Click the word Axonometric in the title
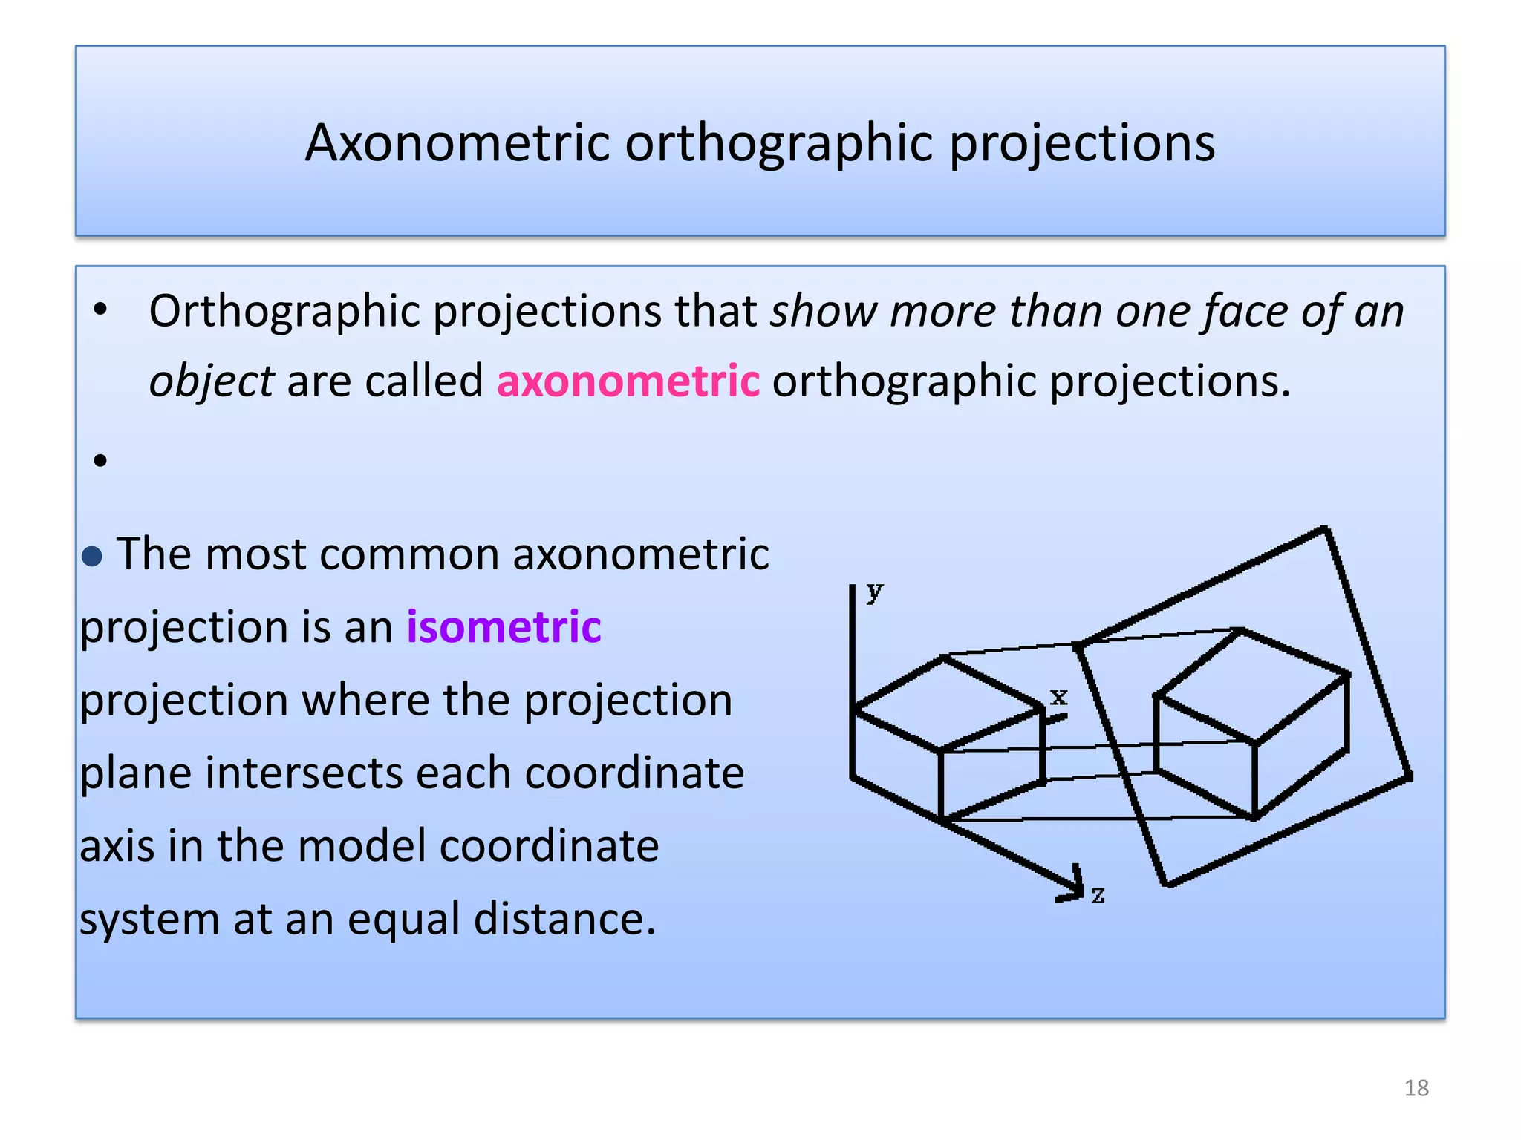457,142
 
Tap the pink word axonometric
628,381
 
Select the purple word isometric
504,626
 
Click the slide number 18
1416,1088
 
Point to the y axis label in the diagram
875,592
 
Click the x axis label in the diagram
1059,696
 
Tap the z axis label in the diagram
1098,894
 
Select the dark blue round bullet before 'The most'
92,556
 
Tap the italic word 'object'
212,381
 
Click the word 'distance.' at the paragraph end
564,919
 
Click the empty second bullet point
101,461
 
